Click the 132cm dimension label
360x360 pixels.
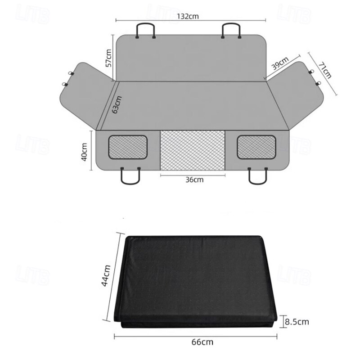188,16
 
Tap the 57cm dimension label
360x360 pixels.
108,58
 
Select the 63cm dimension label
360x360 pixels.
117,105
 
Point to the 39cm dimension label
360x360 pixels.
280,63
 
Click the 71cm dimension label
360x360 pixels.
325,70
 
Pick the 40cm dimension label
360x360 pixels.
84,152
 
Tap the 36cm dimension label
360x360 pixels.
194,180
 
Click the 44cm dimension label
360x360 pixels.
106,275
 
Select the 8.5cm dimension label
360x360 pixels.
297,322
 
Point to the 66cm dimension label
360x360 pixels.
202,342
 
